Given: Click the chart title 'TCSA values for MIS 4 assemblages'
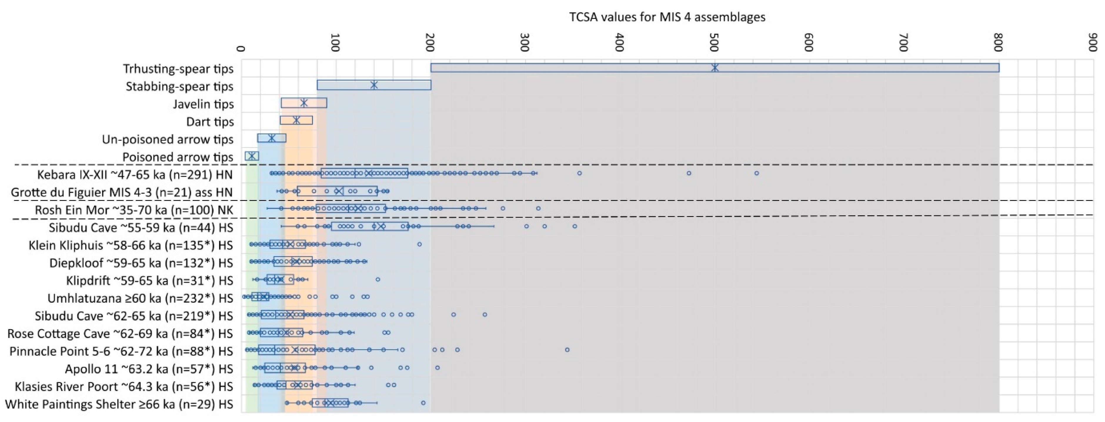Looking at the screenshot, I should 667,17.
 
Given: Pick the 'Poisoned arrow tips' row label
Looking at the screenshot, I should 178,157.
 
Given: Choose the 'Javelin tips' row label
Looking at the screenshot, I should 203,104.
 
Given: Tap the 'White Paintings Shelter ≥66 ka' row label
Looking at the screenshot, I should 119,404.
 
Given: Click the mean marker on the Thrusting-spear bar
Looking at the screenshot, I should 715,68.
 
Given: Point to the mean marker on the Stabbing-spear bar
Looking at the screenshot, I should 374,85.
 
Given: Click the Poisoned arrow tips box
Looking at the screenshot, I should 252,156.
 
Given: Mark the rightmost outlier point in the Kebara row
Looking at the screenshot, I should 757,173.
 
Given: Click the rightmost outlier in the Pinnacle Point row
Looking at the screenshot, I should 567,349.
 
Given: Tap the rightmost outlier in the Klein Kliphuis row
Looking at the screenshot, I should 420,244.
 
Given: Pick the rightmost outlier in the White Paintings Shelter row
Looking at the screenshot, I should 423,403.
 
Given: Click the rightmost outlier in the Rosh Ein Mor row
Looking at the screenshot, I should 538,209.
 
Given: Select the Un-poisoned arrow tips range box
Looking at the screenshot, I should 271,138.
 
